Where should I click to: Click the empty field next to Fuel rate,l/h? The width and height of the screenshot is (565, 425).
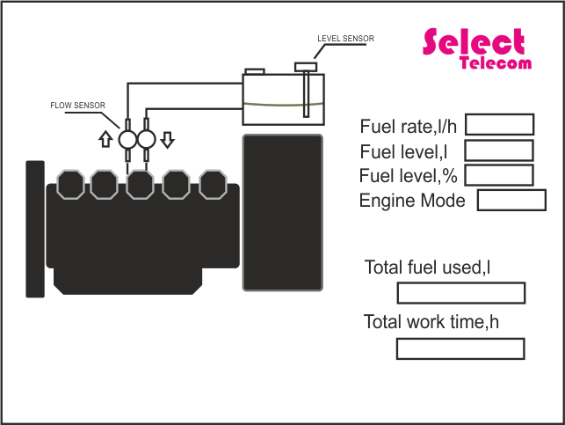499,125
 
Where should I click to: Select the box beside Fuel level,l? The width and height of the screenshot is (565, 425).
498,150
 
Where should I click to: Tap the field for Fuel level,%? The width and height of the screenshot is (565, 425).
498,175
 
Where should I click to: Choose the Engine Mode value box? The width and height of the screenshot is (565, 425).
511,201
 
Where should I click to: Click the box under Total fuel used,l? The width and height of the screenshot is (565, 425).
460,293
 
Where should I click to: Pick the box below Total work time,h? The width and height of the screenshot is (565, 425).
460,349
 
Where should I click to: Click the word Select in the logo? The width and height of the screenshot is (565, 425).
474,41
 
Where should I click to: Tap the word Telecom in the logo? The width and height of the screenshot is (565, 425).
496,63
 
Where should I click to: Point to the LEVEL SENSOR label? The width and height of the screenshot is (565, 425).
345,39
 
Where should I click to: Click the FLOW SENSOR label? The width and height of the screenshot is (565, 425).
77,105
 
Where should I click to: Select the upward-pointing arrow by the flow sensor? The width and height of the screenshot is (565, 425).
105,139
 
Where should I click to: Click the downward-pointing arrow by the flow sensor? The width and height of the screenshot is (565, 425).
168,139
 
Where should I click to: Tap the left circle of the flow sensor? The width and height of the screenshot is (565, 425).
127,140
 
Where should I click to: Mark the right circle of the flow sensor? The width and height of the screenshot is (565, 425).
146,140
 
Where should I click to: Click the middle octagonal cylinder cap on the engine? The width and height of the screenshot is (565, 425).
141,185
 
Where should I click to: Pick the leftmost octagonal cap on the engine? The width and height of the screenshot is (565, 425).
69,185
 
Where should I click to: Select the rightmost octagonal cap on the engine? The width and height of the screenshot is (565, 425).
213,185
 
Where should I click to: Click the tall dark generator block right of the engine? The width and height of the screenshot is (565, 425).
283,212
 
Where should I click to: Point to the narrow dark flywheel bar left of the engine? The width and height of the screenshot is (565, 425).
35,229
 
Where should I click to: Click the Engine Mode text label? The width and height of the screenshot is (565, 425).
412,201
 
